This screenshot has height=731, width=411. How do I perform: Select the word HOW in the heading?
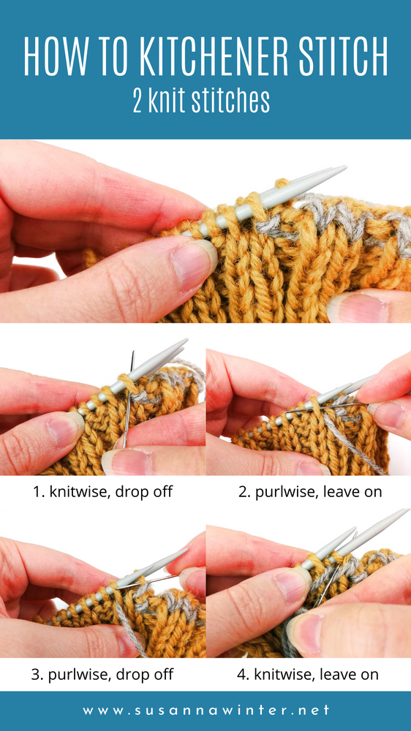pyautogui.click(x=55, y=56)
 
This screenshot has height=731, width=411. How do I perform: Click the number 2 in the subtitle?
pyautogui.click(x=137, y=101)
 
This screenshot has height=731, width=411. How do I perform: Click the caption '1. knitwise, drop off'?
pyautogui.click(x=102, y=492)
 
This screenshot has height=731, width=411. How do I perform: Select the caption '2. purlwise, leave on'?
pyautogui.click(x=310, y=492)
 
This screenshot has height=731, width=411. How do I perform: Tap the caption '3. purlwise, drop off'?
pyautogui.click(x=102, y=673)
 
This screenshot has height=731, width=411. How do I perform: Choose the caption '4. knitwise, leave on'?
pyautogui.click(x=308, y=673)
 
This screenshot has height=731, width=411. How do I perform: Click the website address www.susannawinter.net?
pyautogui.click(x=205, y=711)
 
